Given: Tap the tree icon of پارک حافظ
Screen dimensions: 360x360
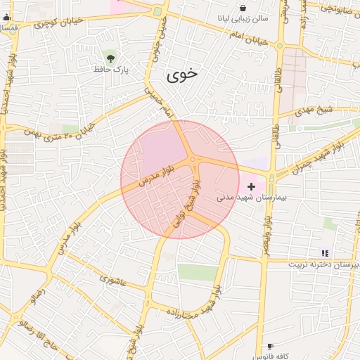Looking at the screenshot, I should [x=109, y=56].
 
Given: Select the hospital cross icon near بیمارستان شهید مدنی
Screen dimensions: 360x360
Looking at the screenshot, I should [x=252, y=186].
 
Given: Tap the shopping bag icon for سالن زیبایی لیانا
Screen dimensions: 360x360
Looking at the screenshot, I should [x=243, y=8].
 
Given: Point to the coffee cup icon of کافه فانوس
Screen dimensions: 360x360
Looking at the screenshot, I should [x=270, y=347].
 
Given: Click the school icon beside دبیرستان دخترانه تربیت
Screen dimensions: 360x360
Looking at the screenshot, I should [x=324, y=252].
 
